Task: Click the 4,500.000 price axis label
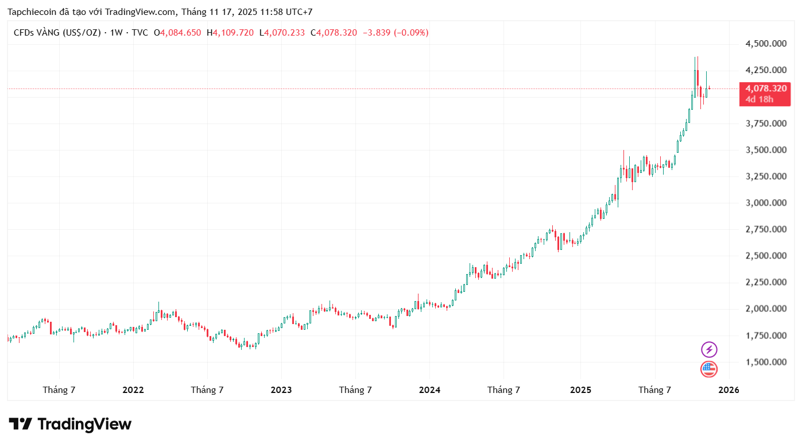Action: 766,44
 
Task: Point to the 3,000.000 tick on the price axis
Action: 766,203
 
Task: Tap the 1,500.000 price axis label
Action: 766,362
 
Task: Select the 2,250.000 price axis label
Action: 766,282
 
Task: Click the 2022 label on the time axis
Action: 133,390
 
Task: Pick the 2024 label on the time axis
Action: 429,390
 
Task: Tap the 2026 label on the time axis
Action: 729,390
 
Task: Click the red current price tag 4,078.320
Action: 766,88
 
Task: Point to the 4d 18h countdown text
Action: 759,99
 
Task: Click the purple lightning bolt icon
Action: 709,349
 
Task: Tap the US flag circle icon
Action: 709,369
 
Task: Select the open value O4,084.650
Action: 177,33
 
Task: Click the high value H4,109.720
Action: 230,33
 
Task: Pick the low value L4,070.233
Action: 282,33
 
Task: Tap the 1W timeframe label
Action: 117,33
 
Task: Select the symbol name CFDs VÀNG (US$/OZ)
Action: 57,33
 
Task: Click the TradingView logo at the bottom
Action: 70,425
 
